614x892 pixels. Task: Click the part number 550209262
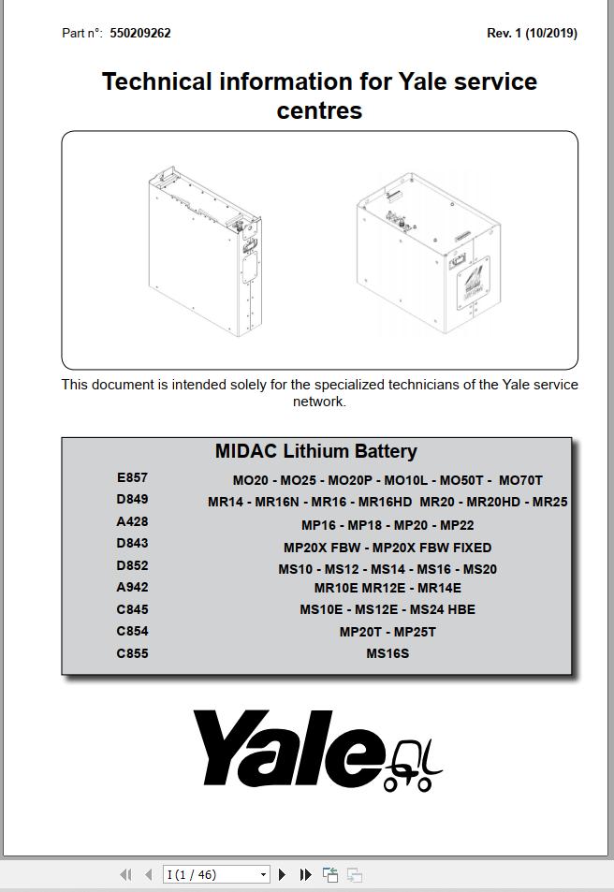click(140, 33)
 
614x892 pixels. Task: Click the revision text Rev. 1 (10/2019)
click(532, 33)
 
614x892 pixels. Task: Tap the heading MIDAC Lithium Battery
click(315, 451)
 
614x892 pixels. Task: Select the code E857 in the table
click(132, 477)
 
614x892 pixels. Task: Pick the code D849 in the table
click(132, 499)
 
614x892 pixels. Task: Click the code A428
click(132, 521)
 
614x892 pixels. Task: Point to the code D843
click(132, 543)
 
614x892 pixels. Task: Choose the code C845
click(132, 609)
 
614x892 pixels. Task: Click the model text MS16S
click(387, 653)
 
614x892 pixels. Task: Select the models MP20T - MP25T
click(387, 632)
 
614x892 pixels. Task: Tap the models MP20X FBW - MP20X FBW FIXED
click(387, 548)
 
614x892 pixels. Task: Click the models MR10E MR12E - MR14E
click(387, 588)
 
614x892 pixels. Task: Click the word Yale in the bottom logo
click(290, 749)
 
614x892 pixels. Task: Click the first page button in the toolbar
click(125, 874)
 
